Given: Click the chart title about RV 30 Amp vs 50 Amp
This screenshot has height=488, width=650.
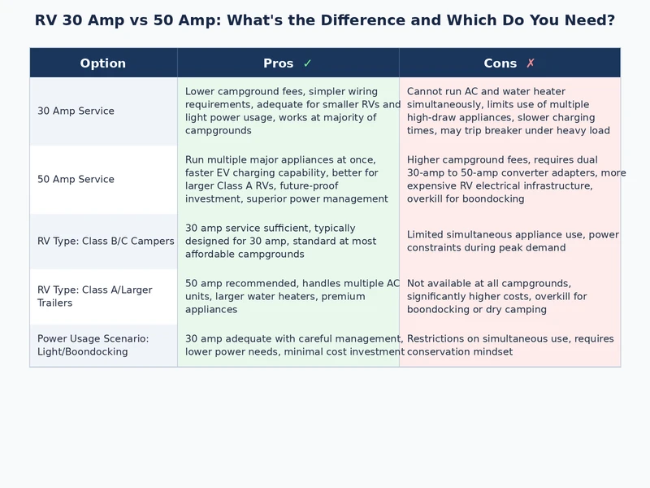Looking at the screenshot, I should (325, 20).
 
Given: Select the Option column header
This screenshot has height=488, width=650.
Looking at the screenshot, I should (103, 63).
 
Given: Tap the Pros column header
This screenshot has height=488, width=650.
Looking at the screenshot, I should (279, 63).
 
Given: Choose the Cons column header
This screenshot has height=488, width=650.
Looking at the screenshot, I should (500, 63).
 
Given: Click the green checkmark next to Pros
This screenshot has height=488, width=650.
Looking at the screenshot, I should (307, 63).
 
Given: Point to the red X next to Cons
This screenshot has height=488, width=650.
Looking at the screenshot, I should (531, 63).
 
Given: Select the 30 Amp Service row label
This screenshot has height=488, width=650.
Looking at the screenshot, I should (76, 111).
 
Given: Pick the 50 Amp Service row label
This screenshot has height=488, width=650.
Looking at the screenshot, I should (76, 180).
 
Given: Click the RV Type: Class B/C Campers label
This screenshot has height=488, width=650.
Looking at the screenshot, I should (106, 242).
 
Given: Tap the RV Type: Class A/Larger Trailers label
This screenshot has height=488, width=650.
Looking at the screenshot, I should (94, 297).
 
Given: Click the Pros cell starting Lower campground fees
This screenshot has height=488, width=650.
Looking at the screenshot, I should (288, 111).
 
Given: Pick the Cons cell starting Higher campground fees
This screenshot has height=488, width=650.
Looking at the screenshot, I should (509, 180).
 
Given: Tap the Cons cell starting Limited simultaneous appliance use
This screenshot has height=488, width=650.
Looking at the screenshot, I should (509, 242).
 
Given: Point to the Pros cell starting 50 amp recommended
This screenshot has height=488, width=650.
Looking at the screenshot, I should (288, 297).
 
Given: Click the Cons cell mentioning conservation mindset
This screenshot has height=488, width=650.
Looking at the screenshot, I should (509, 346).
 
